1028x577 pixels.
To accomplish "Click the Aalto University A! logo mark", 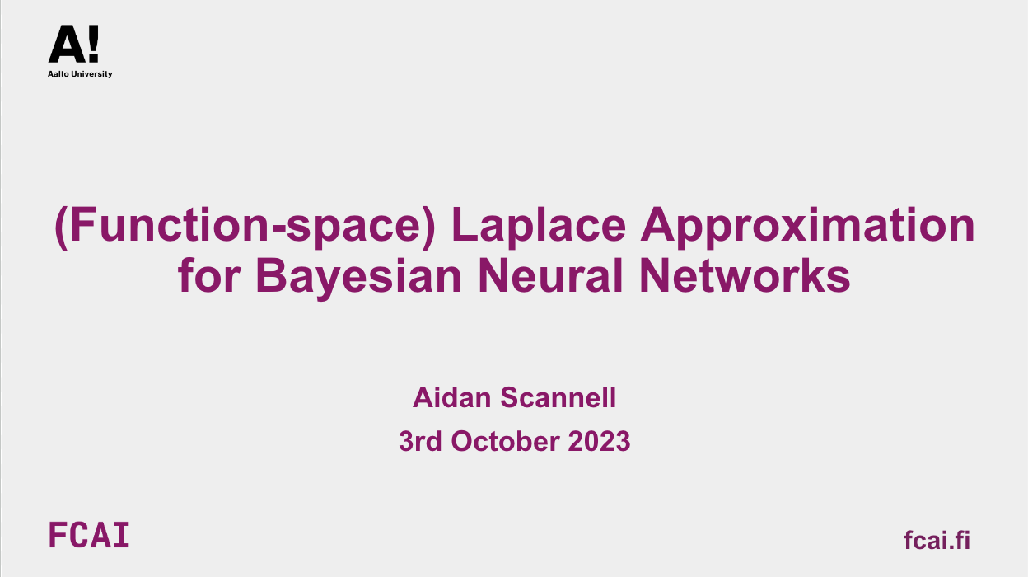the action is [x=73, y=44].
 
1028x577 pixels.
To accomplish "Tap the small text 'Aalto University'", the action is [x=80, y=74].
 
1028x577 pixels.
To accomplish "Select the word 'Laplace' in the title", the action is [x=539, y=226].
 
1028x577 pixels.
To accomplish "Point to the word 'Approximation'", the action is [x=807, y=226].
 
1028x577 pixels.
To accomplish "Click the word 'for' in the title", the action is [x=209, y=274].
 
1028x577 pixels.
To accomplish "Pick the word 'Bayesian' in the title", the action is [x=358, y=278].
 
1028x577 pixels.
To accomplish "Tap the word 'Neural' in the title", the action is [x=550, y=274].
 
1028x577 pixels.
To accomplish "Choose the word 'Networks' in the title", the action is [x=745, y=274].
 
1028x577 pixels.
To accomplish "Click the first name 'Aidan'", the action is [x=451, y=397].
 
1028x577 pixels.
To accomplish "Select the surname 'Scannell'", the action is [x=558, y=397].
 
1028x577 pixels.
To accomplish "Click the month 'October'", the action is [x=505, y=441].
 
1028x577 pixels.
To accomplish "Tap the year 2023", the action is [x=599, y=441].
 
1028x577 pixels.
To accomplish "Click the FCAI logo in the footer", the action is [x=89, y=535].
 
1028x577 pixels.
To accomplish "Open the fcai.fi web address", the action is [x=937, y=539].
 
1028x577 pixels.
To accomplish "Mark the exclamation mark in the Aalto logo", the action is [x=93, y=44].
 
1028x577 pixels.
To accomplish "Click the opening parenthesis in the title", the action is [x=62, y=228].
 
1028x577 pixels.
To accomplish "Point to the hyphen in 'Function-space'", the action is [x=278, y=230].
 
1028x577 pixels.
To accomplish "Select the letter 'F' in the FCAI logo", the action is [x=58, y=535].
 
